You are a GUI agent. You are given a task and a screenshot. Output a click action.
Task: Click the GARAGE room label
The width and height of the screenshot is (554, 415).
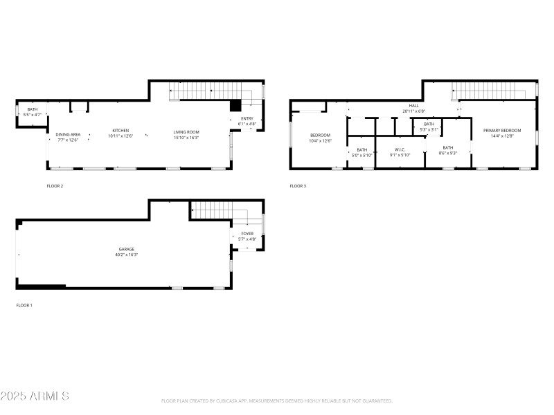(126, 249)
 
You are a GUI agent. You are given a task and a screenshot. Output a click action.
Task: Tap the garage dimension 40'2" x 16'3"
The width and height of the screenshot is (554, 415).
(126, 255)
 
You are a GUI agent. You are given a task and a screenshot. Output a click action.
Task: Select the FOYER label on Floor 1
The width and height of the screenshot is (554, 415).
(247, 234)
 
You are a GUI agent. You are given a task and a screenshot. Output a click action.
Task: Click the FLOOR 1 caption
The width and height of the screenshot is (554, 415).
(25, 305)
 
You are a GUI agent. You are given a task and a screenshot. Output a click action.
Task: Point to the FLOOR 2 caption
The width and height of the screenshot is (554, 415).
(55, 186)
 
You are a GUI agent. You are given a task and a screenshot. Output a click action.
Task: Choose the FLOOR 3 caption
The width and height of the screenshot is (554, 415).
(298, 186)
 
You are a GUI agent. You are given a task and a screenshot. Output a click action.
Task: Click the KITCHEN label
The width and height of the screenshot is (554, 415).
(121, 131)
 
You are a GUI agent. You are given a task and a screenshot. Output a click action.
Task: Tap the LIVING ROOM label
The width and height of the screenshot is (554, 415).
(186, 131)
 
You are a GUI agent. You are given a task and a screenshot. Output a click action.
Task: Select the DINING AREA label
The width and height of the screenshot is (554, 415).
(68, 134)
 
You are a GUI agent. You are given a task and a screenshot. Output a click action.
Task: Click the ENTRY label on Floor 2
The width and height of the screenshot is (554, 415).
(247, 118)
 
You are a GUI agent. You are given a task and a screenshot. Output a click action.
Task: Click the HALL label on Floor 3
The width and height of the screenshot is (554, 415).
(414, 106)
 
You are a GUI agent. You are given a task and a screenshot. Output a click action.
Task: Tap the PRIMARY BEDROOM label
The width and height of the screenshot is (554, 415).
(501, 130)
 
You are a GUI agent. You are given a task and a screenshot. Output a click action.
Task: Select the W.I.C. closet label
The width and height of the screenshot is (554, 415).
(400, 149)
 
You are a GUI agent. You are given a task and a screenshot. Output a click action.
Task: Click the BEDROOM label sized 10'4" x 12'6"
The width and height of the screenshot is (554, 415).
(320, 135)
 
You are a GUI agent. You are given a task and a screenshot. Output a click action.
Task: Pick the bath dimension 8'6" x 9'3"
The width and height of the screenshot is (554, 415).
(448, 153)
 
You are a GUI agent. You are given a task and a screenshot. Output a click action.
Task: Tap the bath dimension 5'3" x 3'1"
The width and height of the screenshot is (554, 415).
(429, 129)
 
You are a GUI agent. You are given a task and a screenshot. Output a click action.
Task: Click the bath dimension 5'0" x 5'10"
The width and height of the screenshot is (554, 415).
(362, 155)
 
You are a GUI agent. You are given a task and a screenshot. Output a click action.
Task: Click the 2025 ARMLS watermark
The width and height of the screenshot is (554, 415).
(35, 396)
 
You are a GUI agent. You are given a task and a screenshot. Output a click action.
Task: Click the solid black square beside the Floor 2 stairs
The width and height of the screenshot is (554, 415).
(236, 105)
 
